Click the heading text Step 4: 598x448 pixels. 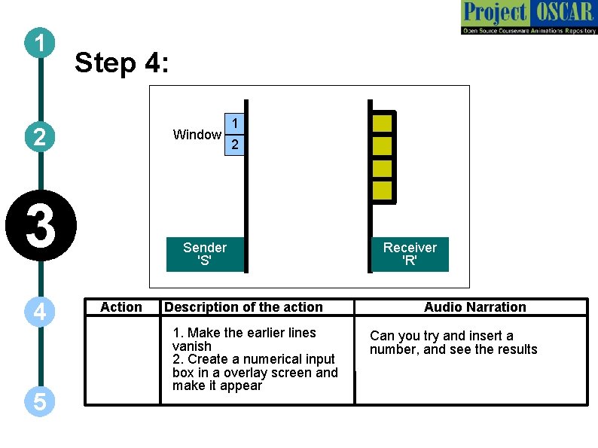click(x=122, y=63)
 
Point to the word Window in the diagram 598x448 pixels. click(x=197, y=135)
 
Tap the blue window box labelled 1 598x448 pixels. click(x=235, y=123)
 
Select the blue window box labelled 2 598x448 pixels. click(x=235, y=144)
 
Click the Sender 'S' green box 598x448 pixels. click(x=205, y=254)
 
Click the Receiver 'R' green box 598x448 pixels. click(x=410, y=254)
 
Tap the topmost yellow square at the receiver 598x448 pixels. click(x=383, y=123)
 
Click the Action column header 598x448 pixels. click(x=121, y=306)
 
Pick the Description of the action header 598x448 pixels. click(x=243, y=307)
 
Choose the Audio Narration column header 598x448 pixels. click(x=474, y=307)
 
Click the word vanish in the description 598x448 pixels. click(x=192, y=346)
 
